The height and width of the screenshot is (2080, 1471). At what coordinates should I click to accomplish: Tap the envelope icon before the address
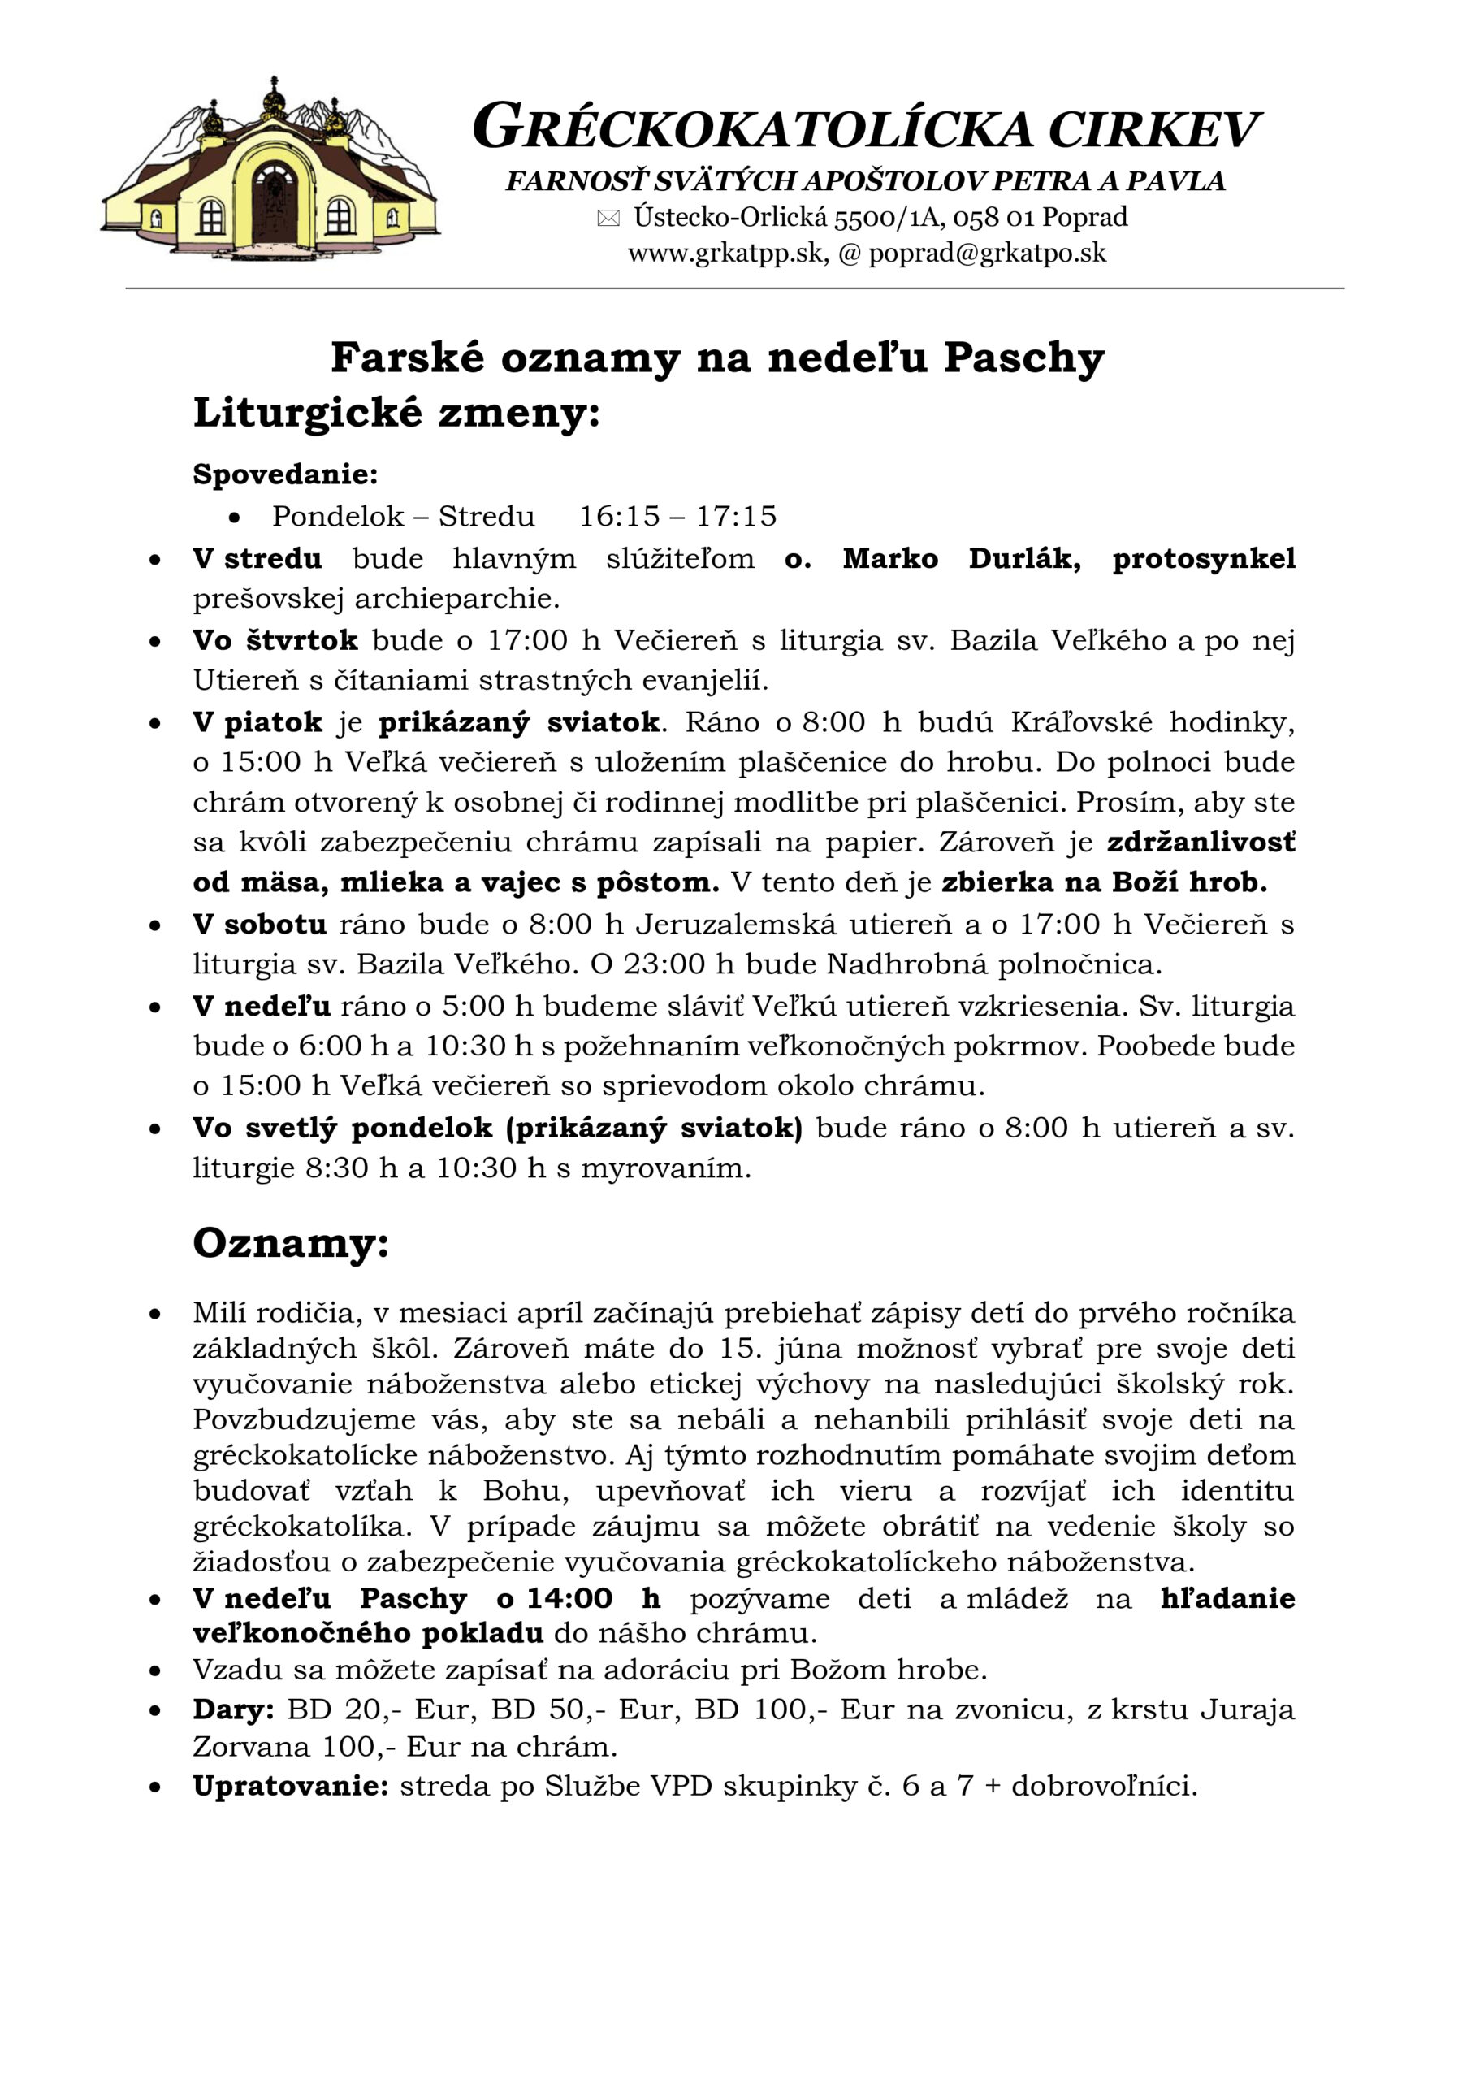coord(608,219)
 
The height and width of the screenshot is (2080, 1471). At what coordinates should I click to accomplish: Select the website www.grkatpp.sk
coord(725,253)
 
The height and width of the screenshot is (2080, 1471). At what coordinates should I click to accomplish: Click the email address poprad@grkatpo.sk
coord(988,253)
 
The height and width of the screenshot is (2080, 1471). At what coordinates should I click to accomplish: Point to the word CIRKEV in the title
coord(1153,129)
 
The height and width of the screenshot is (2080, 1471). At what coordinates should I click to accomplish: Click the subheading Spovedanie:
coord(285,474)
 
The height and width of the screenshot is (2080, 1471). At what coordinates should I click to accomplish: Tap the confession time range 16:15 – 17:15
coord(677,517)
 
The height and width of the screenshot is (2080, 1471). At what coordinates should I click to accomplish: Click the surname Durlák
coord(1024,558)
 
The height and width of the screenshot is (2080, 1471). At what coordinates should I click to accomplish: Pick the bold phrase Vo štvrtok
coord(275,640)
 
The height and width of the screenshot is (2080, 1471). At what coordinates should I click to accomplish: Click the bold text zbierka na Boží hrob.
coord(1104,882)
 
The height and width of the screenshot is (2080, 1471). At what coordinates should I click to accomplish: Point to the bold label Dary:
coord(234,1709)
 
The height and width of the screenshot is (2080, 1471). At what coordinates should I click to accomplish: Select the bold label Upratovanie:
coord(291,1787)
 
